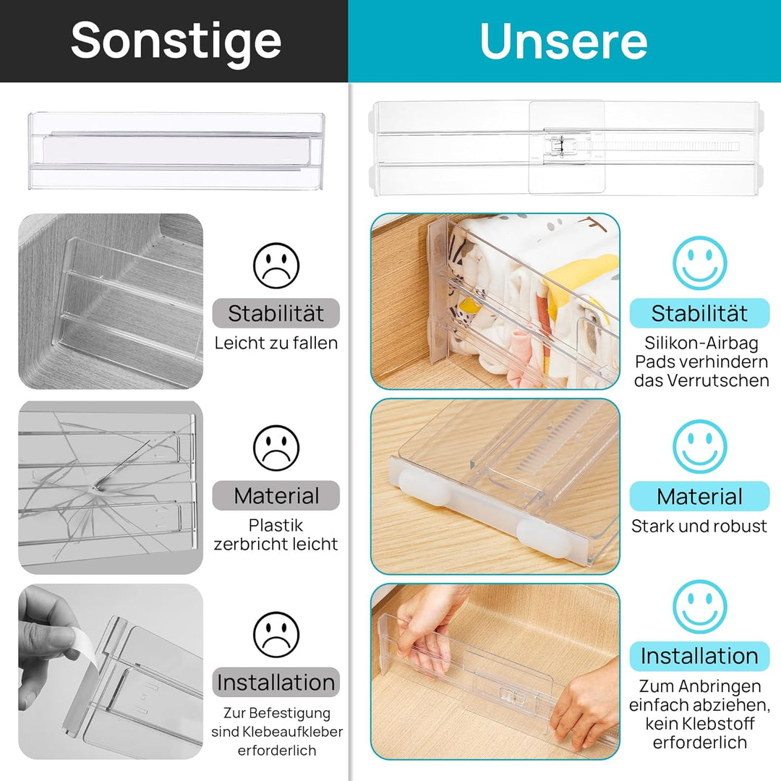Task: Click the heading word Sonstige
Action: click(176, 40)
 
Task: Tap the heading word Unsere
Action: click(563, 42)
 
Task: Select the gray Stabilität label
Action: click(276, 313)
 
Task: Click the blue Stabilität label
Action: click(699, 313)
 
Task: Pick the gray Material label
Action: click(276, 496)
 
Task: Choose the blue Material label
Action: click(699, 497)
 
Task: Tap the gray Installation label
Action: click(276, 682)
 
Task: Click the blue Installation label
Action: click(699, 656)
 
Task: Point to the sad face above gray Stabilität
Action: click(276, 264)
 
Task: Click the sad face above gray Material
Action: click(276, 446)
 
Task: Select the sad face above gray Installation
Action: click(276, 634)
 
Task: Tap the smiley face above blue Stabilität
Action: click(699, 263)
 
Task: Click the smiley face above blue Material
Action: click(699, 446)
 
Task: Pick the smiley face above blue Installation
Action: click(699, 607)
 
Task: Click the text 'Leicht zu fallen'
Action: click(276, 343)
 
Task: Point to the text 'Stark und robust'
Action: click(699, 526)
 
